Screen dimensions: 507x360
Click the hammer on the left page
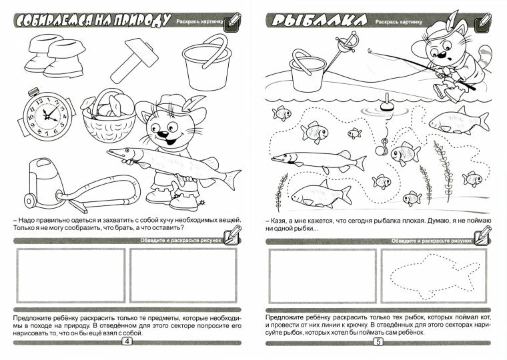click(134, 61)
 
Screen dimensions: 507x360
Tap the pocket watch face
click(47, 116)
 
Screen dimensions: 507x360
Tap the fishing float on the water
click(386, 103)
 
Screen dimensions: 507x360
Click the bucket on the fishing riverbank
click(306, 72)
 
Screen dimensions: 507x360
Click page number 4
click(127, 341)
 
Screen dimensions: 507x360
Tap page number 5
click(378, 341)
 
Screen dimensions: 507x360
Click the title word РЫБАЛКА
click(319, 21)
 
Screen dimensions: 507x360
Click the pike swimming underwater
click(318, 161)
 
